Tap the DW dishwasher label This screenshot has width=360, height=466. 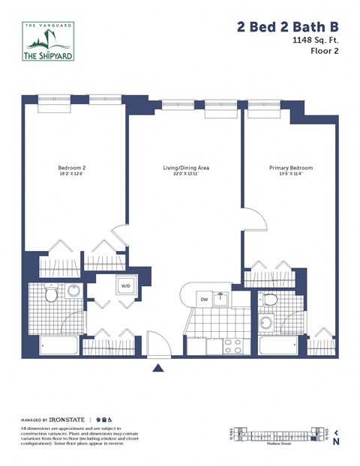pos(202,300)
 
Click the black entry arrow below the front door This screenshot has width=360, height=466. pos(158,368)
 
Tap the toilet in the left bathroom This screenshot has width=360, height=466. pos(51,295)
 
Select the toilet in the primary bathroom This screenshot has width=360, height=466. pos(271,301)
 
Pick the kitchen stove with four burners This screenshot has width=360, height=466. pos(233,346)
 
